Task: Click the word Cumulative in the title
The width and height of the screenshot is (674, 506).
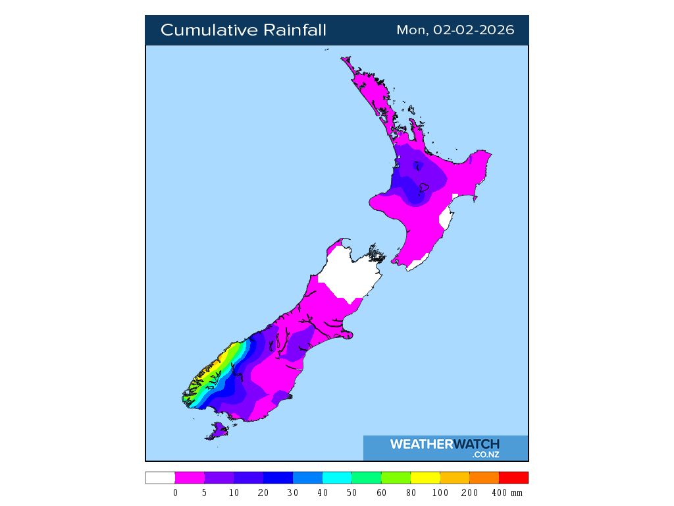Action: [208, 30]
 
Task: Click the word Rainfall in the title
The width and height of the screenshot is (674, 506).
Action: [295, 30]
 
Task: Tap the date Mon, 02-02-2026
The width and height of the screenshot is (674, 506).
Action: [455, 30]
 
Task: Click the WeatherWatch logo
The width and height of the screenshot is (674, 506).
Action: [445, 447]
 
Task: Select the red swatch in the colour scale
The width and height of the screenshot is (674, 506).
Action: [513, 478]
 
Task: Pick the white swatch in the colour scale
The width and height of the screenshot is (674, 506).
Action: [160, 478]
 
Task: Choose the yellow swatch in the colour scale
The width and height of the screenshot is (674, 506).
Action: [425, 478]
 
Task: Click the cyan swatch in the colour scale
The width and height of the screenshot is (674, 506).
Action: [337, 478]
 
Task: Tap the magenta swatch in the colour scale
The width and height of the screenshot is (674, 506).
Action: [190, 478]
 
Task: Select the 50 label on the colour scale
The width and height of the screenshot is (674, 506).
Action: [352, 493]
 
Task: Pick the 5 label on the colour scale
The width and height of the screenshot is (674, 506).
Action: [205, 493]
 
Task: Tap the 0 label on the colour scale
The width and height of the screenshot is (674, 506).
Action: [175, 493]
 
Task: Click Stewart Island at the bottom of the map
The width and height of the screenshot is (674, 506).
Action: [217, 432]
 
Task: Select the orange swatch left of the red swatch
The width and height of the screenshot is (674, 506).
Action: [484, 478]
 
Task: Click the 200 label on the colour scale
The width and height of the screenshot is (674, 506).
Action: [470, 493]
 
